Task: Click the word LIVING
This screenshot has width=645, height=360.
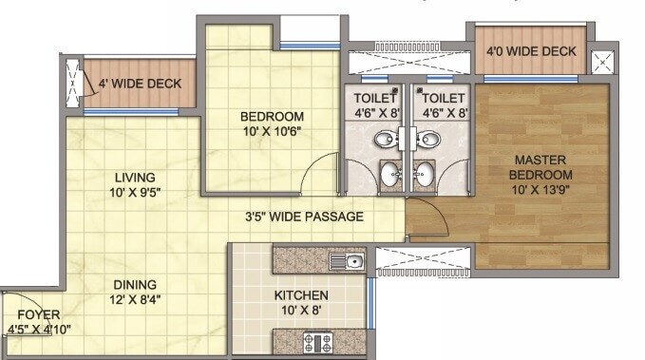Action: click(135, 178)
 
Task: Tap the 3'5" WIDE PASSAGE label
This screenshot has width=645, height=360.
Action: click(303, 217)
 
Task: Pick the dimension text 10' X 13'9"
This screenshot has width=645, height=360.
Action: click(542, 191)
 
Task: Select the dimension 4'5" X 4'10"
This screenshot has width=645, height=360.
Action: click(39, 330)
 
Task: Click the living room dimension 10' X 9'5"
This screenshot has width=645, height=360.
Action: click(135, 193)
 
